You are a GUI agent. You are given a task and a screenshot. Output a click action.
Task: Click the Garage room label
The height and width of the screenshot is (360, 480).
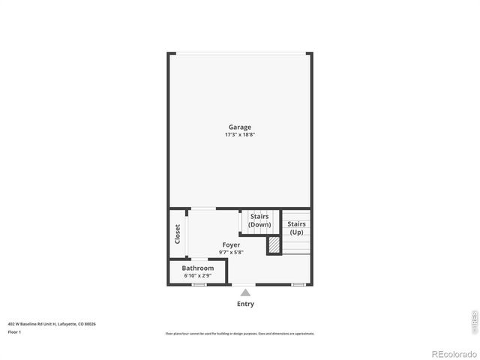[x=240, y=127]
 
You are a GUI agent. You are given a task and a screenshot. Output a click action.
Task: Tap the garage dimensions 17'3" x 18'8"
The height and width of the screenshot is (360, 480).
[x=240, y=135]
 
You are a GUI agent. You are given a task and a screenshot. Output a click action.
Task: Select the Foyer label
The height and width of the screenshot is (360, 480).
[x=231, y=244]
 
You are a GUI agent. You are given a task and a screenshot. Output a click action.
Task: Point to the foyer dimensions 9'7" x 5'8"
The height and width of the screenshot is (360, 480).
[x=231, y=252]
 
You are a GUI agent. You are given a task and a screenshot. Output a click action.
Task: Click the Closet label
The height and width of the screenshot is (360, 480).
[x=178, y=234]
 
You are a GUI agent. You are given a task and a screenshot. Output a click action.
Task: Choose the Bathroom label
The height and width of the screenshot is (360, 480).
[x=197, y=268]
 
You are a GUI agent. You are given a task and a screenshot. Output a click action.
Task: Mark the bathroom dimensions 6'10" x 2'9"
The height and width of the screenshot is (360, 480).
[x=197, y=276]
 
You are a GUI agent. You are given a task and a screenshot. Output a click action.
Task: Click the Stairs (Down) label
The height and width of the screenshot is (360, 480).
[x=259, y=220]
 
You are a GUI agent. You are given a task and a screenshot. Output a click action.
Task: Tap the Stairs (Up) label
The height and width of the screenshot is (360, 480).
[x=296, y=228]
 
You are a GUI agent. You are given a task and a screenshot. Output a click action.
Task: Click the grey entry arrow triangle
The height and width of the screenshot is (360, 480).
[x=245, y=293]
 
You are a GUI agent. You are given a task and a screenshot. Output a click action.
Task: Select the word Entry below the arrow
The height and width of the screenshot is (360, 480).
[x=245, y=304]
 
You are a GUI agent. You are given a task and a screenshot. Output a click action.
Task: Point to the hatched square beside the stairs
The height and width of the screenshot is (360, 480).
[x=274, y=244]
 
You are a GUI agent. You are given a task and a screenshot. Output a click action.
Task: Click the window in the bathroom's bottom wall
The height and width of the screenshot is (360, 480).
[x=199, y=285]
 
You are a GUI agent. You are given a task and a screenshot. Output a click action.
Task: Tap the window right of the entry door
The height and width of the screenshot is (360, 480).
[x=298, y=285]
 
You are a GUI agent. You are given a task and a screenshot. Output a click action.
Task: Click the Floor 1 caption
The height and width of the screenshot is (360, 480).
[x=14, y=331]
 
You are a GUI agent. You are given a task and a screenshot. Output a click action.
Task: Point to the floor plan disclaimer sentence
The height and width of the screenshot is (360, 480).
[x=239, y=334]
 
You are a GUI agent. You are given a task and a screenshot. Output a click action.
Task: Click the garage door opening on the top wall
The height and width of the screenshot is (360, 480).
[x=240, y=52]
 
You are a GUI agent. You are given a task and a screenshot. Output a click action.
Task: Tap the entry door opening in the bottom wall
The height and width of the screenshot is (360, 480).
[x=245, y=285]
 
